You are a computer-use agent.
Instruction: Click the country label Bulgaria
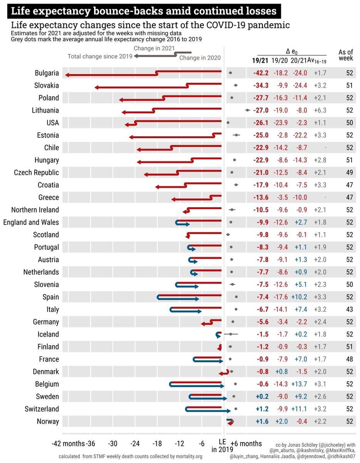pos(47,73)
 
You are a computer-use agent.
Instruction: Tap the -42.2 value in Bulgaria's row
pos(261,73)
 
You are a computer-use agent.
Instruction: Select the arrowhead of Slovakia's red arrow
pos(96,88)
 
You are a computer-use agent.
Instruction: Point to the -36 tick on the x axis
pos(91,444)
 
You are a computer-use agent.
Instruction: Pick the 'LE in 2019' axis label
pos(222,446)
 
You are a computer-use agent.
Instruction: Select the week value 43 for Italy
pos(350,309)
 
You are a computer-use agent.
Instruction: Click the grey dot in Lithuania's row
pos(247,110)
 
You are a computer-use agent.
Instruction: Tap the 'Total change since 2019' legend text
pos(100,56)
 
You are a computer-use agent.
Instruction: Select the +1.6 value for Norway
pos(262,422)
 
